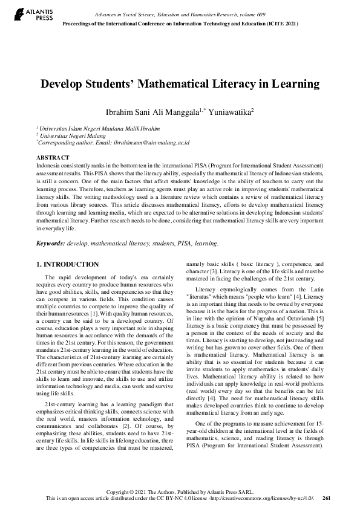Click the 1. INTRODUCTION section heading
(68, 264)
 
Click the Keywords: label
(51, 244)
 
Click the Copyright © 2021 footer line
(180, 491)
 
